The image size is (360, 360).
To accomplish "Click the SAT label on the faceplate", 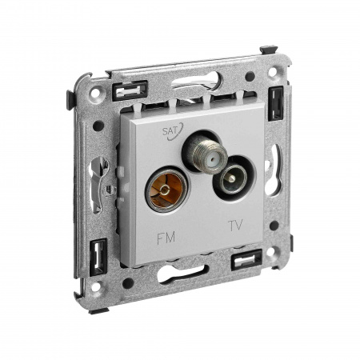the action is (x=170, y=131).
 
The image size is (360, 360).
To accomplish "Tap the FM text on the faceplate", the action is (x=166, y=238).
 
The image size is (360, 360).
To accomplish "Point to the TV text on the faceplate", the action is (x=236, y=226).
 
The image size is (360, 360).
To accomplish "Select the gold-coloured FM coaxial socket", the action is (x=166, y=190).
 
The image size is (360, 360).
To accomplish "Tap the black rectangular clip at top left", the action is (x=130, y=90).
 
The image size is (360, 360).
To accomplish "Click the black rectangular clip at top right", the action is (x=276, y=104).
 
